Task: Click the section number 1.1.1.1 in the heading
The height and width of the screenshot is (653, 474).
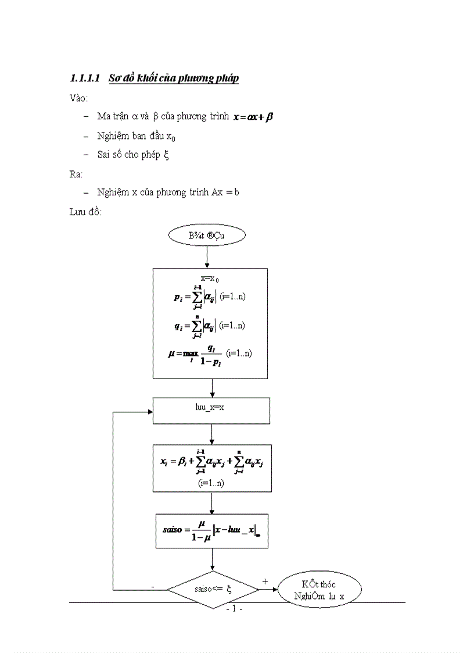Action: coord(85,78)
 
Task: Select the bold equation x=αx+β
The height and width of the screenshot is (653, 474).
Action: coord(253,117)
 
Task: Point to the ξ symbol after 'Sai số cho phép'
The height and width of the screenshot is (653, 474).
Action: coord(166,155)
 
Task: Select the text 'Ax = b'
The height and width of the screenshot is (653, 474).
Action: coord(221,192)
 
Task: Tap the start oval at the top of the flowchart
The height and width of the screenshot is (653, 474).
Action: coord(207,235)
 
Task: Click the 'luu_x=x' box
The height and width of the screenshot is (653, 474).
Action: coord(211,410)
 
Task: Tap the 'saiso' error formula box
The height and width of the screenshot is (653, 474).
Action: coord(212,530)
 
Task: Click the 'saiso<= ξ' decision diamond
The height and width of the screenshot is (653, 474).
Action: coord(213,589)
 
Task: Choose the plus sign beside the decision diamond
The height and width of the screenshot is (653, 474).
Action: coord(265,581)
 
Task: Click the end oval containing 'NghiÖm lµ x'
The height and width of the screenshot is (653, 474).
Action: coord(319,590)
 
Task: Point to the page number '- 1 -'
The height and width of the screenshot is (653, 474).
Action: coord(234,609)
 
